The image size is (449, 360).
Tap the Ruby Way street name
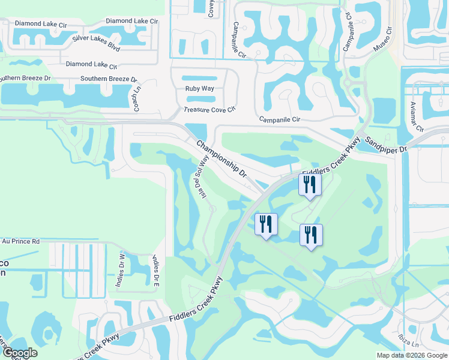(x=199, y=89)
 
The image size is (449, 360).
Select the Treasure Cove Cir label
(x=210, y=110)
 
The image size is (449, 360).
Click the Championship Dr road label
(x=221, y=158)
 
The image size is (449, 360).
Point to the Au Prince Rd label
(x=20, y=241)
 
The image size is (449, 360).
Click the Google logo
(x=20, y=353)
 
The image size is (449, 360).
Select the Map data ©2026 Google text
(x=412, y=355)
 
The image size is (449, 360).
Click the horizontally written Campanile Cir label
(x=279, y=119)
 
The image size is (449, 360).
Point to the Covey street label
(x=211, y=8)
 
